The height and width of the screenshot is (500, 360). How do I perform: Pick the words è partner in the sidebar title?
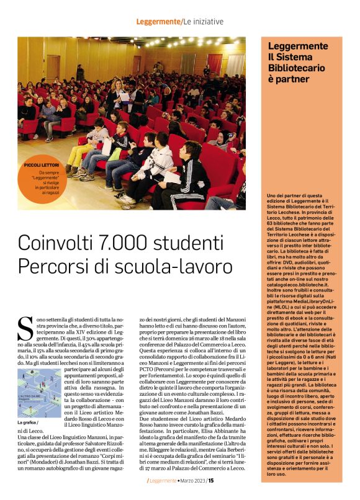tap(289, 79)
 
